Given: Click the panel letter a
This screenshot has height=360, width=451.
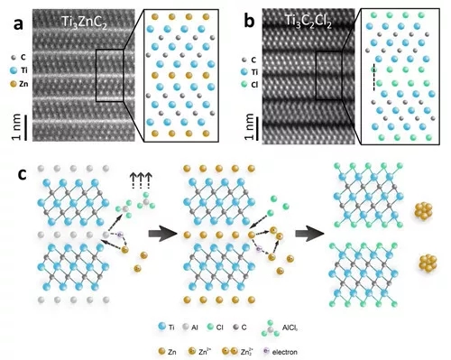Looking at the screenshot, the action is coord(18,23).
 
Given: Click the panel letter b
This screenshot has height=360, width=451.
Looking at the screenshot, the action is coord(250,22).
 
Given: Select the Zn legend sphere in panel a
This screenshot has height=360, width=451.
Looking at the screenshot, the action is coord(14,84).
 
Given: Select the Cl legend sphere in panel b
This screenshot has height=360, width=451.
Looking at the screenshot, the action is coord(244,85).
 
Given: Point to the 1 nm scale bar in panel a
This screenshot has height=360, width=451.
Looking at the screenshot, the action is coord(25,127).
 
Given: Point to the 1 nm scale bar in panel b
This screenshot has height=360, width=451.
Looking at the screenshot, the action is coord(258,128).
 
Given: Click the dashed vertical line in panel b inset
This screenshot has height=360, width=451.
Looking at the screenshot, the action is coord(374,78).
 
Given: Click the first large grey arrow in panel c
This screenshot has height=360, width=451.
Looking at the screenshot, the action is coord(162,234).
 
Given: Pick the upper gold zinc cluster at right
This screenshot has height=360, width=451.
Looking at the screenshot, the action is coord(423,210).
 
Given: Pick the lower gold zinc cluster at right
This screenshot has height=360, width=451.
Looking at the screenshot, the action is coord(428,262).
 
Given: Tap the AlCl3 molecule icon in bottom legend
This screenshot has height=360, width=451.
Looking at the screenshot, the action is coord(271,328).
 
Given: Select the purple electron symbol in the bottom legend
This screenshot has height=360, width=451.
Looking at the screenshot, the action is coord(266,351).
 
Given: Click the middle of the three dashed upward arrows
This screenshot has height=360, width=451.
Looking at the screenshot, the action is coord(141,181).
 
